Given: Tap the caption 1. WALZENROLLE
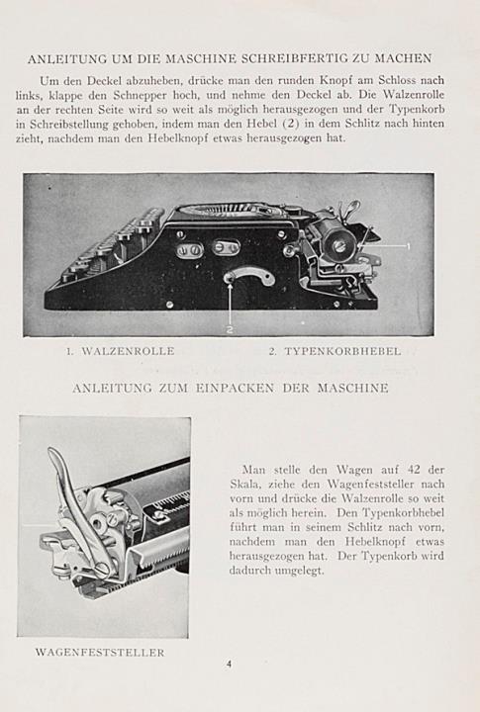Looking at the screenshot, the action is pyautogui.click(x=120, y=351).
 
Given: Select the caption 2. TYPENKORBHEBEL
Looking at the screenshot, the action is pyautogui.click(x=335, y=351).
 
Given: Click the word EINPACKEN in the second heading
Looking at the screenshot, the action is pyautogui.click(x=235, y=389).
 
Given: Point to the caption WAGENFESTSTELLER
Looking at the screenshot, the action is pyautogui.click(x=100, y=653).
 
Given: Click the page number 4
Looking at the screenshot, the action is pyautogui.click(x=229, y=664).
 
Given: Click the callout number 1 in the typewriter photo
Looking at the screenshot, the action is pyautogui.click(x=408, y=246).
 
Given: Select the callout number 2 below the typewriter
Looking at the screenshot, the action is pyautogui.click(x=230, y=330).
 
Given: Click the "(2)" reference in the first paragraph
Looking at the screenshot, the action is pyautogui.click(x=290, y=124).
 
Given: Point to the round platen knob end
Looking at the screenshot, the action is pyautogui.click(x=338, y=245).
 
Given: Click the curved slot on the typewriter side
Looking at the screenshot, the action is pyautogui.click(x=251, y=276).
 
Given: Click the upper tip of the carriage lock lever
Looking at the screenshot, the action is pyautogui.click(x=50, y=450).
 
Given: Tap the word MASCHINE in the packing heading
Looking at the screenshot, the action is pyautogui.click(x=352, y=389).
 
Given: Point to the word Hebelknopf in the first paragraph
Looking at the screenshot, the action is pyautogui.click(x=178, y=138).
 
